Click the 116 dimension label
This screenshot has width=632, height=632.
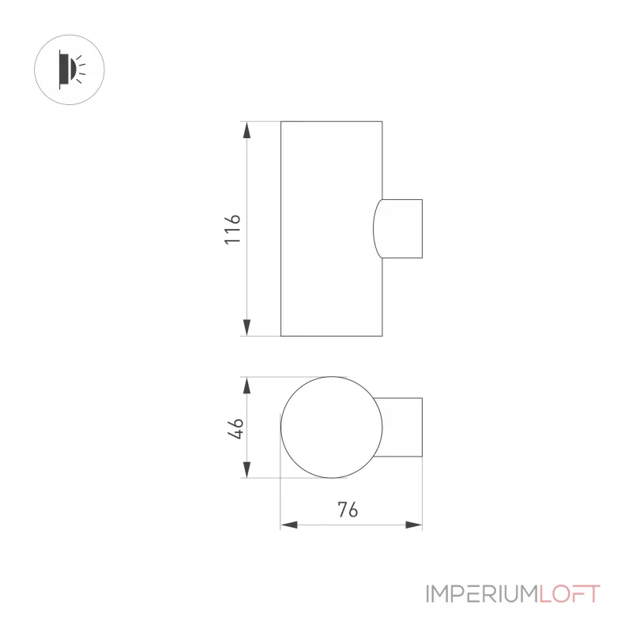point(232,229)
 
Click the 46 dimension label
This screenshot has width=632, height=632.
point(235,428)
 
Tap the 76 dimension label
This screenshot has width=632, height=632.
point(348,510)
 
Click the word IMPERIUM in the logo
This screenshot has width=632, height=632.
point(482,594)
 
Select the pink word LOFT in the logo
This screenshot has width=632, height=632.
point(570,594)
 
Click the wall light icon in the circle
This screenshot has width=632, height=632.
point(70,70)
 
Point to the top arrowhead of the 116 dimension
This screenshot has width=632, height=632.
point(246,130)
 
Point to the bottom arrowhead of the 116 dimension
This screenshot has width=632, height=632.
point(246,327)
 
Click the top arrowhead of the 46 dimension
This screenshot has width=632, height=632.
point(246,386)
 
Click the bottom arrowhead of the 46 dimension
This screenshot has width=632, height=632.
point(246,469)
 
